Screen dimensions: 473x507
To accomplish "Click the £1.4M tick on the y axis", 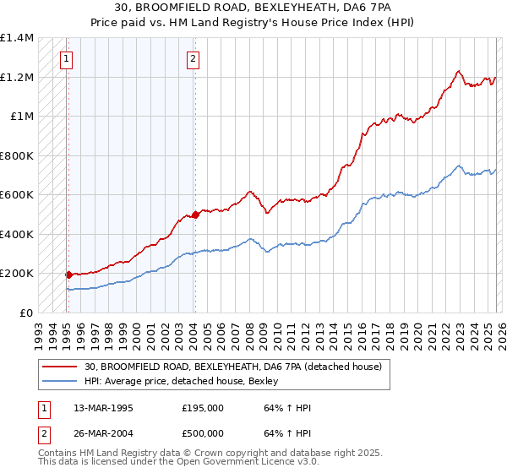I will [x=17, y=38].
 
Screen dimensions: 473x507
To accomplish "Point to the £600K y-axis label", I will [x=17, y=195].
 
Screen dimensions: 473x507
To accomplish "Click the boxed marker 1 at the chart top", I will [x=66, y=58].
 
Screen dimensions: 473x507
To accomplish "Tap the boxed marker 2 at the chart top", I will [x=193, y=58].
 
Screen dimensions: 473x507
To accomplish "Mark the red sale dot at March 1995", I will [x=68, y=275].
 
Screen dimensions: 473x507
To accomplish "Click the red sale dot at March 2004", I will [x=195, y=215].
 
